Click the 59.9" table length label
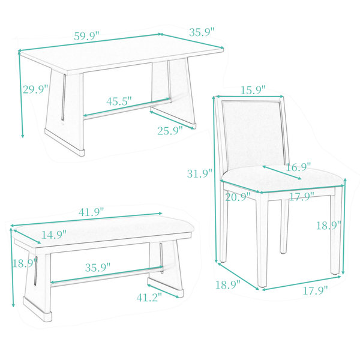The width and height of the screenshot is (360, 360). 87,36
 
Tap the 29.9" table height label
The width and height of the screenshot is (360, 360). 35,89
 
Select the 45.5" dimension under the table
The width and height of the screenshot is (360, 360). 119,101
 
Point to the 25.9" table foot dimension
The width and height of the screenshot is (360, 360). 170,131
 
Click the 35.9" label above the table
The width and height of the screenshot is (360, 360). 202,32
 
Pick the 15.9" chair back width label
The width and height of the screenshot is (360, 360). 253,90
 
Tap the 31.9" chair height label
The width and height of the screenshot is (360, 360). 200,173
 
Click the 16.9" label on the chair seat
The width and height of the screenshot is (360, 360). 298,167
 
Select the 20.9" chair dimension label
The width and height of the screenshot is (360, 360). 238,197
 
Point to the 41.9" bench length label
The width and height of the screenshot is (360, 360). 91,212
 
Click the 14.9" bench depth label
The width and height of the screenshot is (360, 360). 54,235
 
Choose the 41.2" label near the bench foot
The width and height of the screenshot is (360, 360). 149,298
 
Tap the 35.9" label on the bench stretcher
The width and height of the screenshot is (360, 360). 98,268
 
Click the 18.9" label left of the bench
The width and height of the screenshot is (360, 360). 25,263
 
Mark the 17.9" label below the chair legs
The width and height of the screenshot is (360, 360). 316,290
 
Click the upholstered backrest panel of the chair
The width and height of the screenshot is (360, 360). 253,134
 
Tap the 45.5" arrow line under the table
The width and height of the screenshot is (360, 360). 127,107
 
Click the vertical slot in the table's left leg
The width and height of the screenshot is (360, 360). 64,97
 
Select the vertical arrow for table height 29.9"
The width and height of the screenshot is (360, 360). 21,95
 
